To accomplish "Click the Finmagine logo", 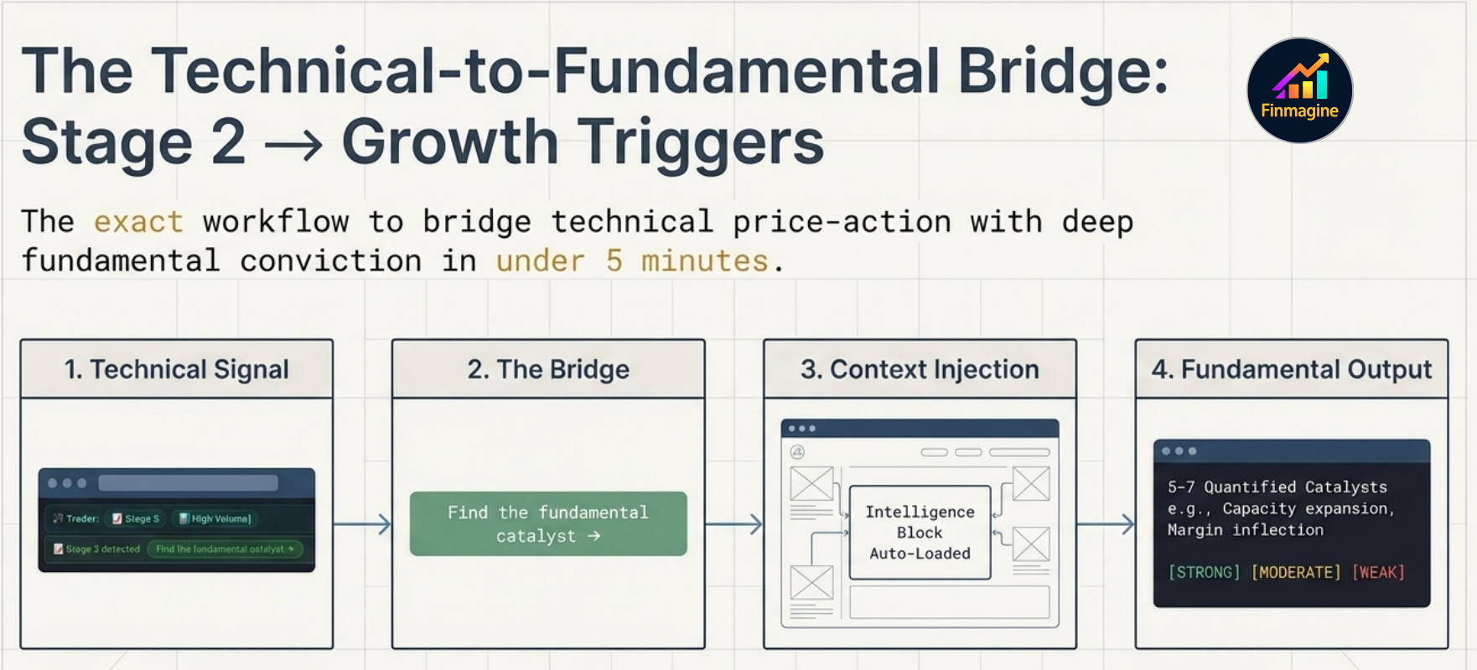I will click(x=1299, y=90).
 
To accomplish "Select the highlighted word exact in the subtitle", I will click(x=138, y=222).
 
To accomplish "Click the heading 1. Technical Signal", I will click(x=177, y=369).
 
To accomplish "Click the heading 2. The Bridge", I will click(x=548, y=369).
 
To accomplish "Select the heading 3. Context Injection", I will click(x=920, y=369).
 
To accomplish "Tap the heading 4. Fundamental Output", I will click(x=1291, y=369).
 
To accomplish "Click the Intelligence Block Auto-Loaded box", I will click(x=920, y=533).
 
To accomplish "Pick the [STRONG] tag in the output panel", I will click(x=1204, y=573).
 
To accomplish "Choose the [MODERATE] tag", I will click(x=1296, y=573).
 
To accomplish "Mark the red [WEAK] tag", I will click(x=1378, y=573).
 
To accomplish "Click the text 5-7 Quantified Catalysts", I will click(x=1277, y=487).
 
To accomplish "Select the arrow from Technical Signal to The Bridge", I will click(x=362, y=525).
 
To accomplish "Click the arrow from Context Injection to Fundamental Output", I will click(x=1106, y=525).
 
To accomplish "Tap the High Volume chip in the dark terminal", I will click(x=215, y=519).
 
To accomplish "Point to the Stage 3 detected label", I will click(x=97, y=549).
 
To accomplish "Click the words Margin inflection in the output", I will click(x=1246, y=530).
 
